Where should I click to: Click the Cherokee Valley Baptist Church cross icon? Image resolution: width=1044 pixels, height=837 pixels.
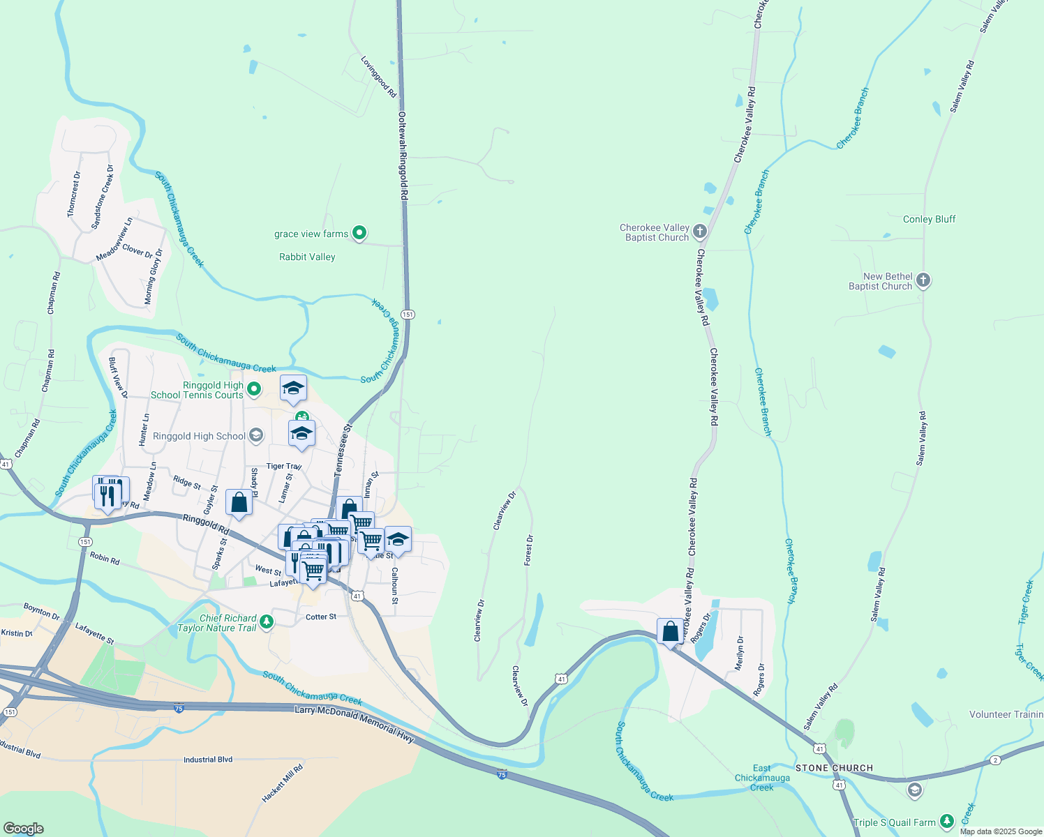[x=700, y=232]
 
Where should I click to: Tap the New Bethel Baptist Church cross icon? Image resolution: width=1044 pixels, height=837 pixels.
[x=923, y=281]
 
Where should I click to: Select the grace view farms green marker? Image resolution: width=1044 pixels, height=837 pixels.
[x=359, y=233]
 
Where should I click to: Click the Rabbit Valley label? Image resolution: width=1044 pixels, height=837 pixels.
[x=307, y=257]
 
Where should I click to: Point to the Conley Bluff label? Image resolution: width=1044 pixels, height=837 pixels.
[x=929, y=219]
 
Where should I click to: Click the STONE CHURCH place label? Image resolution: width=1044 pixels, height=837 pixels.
[x=834, y=768]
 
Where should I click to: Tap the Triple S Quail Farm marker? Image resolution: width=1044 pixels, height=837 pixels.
[x=947, y=822]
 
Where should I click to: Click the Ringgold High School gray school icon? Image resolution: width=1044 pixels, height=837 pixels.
[x=256, y=436]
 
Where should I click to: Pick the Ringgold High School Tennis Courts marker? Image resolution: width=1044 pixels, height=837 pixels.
[x=254, y=389]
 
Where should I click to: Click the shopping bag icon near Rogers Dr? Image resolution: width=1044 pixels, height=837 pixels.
[x=670, y=632]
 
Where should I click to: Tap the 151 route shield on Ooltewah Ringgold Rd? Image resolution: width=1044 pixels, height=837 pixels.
[x=408, y=315]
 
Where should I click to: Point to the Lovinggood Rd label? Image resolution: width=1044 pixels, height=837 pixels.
[x=378, y=77]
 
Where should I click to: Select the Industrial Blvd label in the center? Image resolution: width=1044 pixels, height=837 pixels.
[x=208, y=760]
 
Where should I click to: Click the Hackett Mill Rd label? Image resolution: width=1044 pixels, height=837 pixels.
[x=283, y=783]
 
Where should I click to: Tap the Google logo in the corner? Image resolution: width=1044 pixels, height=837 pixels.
[x=23, y=828]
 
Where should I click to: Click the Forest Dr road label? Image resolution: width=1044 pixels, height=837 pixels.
[x=529, y=550]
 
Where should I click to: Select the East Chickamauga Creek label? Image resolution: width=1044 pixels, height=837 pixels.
[x=762, y=778]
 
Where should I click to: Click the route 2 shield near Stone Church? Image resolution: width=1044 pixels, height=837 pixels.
[x=995, y=760]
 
